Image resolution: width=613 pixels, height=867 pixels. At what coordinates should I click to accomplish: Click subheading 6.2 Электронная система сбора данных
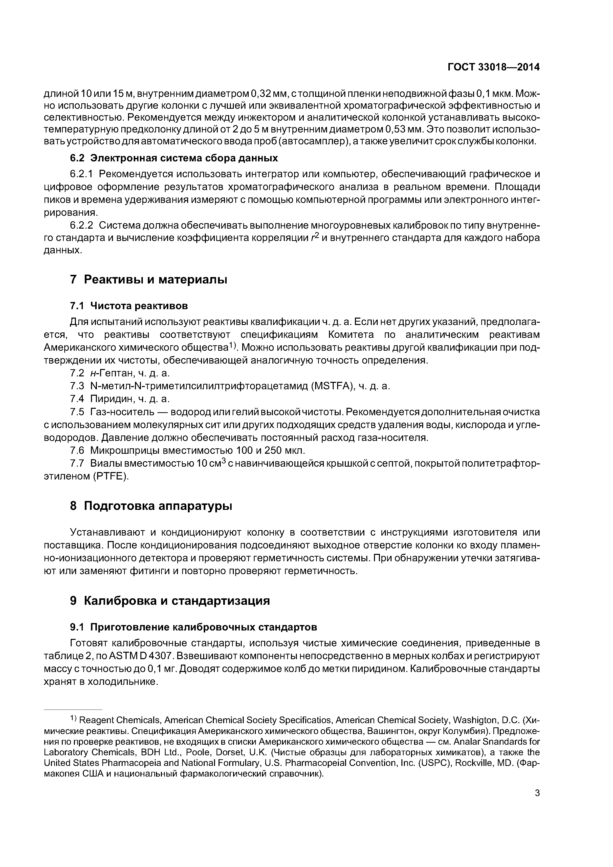click(x=174, y=158)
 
